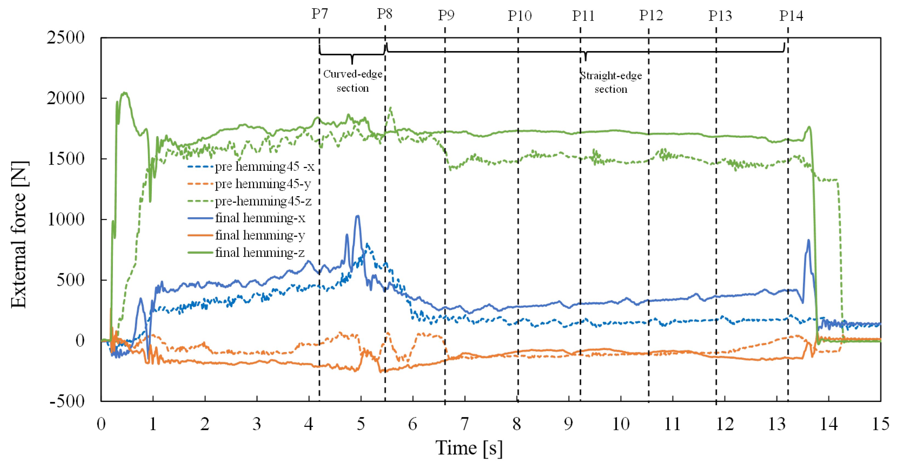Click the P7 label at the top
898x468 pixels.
pyautogui.click(x=319, y=14)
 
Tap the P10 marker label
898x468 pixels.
pyautogui.click(x=519, y=16)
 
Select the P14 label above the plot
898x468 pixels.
pyautogui.click(x=791, y=16)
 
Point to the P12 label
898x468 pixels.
pyautogui.click(x=651, y=15)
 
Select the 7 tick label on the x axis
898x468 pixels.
pyautogui.click(x=464, y=424)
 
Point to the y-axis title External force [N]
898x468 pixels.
pyautogui.click(x=19, y=235)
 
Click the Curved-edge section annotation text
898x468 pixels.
pyautogui.click(x=352, y=81)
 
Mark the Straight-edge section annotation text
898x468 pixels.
pyautogui.click(x=611, y=82)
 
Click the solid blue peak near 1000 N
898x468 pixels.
pyautogui.click(x=357, y=217)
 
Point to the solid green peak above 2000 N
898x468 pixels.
pyautogui.click(x=125, y=93)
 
